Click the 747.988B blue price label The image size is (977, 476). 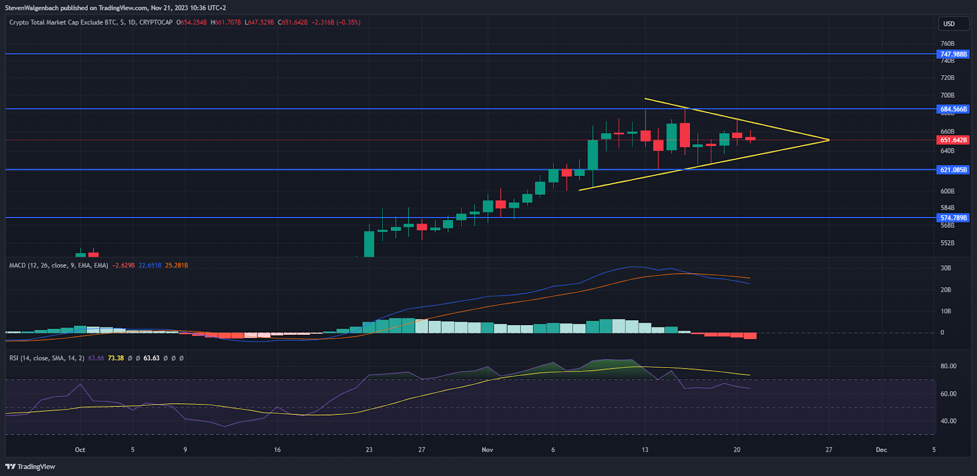click(953, 54)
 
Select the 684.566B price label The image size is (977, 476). click(953, 109)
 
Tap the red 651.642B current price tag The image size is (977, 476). click(953, 140)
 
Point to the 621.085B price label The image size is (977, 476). click(953, 170)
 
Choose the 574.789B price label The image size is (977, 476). click(953, 218)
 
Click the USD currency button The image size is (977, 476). click(950, 24)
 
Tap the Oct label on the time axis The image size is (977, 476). click(80, 450)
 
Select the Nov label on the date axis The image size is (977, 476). click(487, 450)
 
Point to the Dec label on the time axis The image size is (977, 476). click(881, 450)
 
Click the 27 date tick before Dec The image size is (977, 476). click(829, 450)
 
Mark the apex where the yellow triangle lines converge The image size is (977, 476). click(829, 140)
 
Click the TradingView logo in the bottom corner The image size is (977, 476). click(31, 467)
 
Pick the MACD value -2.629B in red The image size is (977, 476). click(123, 266)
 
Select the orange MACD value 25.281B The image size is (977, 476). click(176, 266)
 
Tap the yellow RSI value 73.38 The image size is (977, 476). click(116, 358)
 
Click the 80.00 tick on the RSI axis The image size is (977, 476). click(948, 367)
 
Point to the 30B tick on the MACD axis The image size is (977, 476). click(946, 268)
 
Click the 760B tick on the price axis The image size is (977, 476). click(947, 44)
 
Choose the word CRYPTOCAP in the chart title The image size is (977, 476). click(156, 23)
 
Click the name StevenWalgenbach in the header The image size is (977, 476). click(32, 8)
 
